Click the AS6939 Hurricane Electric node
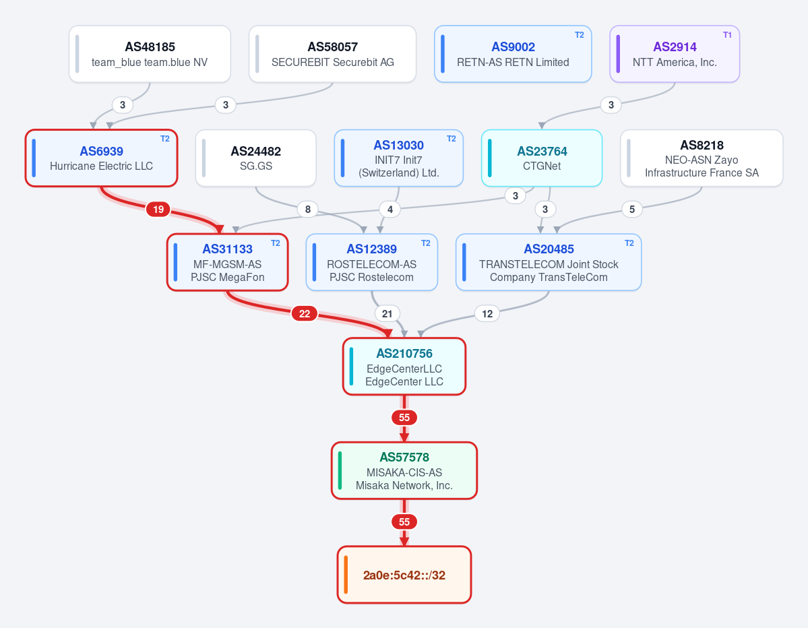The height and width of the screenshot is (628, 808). [x=102, y=158]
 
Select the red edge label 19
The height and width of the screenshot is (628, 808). [x=158, y=209]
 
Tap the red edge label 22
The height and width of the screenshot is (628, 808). [x=305, y=314]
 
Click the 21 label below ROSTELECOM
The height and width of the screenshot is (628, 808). [x=387, y=314]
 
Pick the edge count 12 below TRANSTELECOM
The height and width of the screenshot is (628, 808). [x=487, y=314]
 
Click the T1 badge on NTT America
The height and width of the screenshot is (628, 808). [x=727, y=35]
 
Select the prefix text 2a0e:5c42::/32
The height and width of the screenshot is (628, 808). [x=404, y=575]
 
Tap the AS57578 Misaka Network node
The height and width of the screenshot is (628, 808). [x=404, y=470]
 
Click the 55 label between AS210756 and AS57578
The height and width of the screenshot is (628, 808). [x=404, y=417]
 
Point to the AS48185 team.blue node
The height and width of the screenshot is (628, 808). [x=150, y=54]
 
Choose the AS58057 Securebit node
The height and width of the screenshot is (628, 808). [x=332, y=54]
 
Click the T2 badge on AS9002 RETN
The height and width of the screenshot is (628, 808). [x=579, y=35]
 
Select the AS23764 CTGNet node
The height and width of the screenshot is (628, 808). [x=542, y=158]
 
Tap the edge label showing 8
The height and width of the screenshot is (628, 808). [x=308, y=209]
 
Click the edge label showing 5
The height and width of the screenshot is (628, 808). [x=631, y=209]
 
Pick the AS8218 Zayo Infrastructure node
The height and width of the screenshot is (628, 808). [x=702, y=158]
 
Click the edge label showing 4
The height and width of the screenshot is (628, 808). [x=390, y=209]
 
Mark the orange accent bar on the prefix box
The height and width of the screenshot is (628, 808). [x=346, y=575]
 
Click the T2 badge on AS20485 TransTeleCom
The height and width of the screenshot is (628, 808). [x=629, y=243]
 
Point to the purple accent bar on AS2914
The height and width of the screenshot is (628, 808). [x=618, y=54]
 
